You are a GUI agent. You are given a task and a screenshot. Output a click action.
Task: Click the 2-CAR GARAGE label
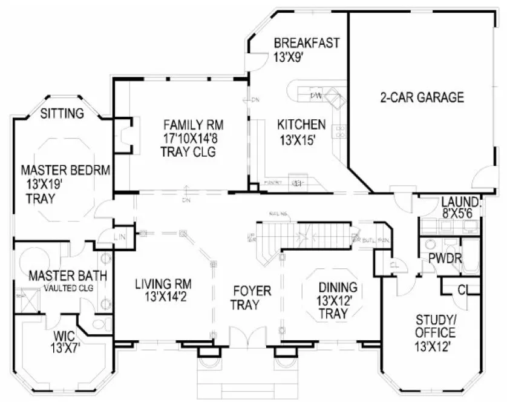[x=422, y=97]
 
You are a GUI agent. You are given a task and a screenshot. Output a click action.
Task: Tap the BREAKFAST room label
[x=306, y=44]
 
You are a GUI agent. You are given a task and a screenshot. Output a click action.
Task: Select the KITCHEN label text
[x=301, y=125]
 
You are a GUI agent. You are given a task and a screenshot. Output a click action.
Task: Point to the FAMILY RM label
[x=193, y=125]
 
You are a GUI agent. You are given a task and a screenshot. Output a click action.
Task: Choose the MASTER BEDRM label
[x=65, y=171]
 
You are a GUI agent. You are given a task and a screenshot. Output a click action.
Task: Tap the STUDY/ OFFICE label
[x=435, y=326]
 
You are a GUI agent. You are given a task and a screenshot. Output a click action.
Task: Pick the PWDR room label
[x=446, y=259]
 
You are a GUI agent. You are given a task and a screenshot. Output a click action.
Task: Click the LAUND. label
[x=460, y=202]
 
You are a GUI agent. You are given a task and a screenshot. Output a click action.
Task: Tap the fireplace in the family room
[x=125, y=133]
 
